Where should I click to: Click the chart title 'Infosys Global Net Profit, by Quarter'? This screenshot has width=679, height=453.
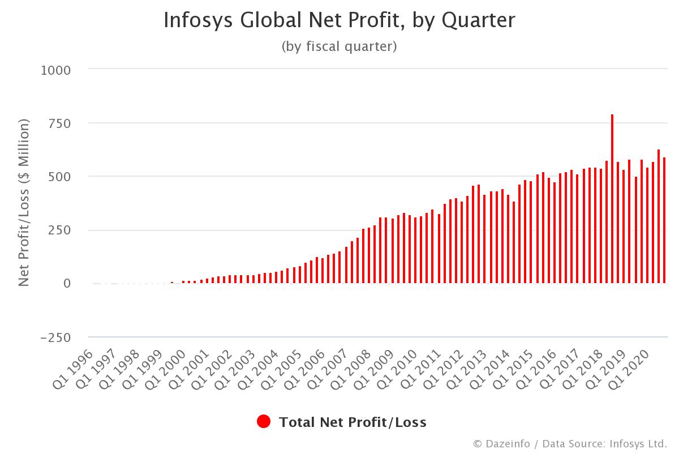(339, 20)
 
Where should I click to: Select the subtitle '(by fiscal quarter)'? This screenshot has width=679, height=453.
(339, 46)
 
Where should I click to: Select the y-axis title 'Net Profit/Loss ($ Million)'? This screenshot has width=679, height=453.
(24, 203)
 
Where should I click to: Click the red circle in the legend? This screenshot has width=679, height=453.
(264, 422)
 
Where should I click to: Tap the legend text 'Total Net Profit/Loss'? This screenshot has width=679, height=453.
(353, 422)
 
